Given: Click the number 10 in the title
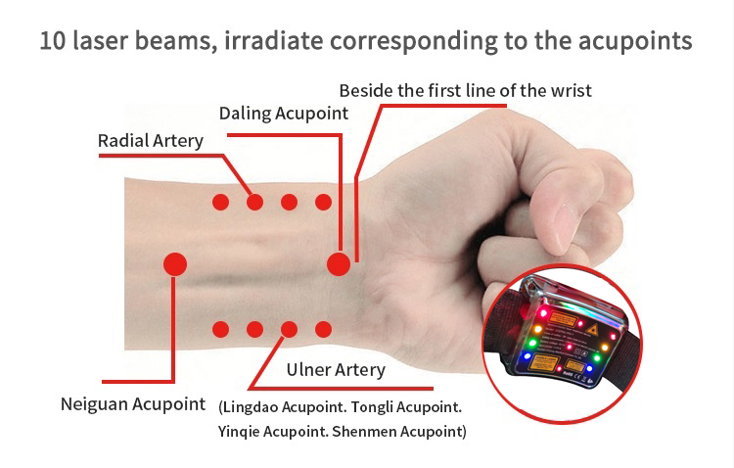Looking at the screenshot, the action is click(53, 40).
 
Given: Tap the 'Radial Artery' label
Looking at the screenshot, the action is click(151, 141).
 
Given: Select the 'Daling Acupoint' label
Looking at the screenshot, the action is click(284, 114).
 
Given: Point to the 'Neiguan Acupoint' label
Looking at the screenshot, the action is click(133, 404).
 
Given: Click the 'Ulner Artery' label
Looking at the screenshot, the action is click(336, 370).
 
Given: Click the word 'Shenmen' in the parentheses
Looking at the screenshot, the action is click(359, 432).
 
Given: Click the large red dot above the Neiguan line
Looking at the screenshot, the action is click(175, 264).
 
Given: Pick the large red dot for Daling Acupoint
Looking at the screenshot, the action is click(339, 264).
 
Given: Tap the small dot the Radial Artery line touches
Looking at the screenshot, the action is click(254, 203).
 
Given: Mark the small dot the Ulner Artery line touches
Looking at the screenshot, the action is click(290, 329).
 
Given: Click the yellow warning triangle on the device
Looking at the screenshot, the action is click(592, 330).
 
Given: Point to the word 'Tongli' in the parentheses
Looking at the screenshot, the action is click(372, 407).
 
